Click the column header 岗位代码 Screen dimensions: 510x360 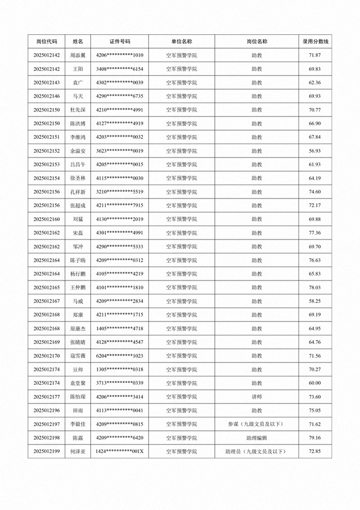pyautogui.click(x=47, y=42)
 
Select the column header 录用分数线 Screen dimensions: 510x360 pyautogui.click(x=315, y=42)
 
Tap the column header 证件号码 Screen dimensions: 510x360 pyautogui.click(x=120, y=42)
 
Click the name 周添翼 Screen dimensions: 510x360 pyautogui.click(x=78, y=55)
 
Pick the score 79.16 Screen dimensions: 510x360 pyautogui.click(x=315, y=438)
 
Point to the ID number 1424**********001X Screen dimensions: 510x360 pyautogui.click(x=120, y=452)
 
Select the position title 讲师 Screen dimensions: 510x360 pyautogui.click(x=256, y=397)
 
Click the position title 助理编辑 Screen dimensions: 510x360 pyautogui.click(x=256, y=438)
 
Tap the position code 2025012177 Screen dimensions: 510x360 pyautogui.click(x=47, y=397)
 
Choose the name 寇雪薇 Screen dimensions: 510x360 pyautogui.click(x=78, y=356)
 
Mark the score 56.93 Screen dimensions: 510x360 pyautogui.click(x=315, y=151)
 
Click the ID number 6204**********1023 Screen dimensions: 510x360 pyautogui.click(x=120, y=356)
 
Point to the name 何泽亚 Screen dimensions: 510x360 pyautogui.click(x=78, y=452)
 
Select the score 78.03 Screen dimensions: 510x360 pyautogui.click(x=315, y=288)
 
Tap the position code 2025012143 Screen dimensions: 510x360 pyautogui.click(x=47, y=83)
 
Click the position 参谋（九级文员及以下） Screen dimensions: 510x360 pyautogui.click(x=256, y=424)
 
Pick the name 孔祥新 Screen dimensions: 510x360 pyautogui.click(x=78, y=192)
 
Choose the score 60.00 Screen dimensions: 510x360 pyautogui.click(x=315, y=383)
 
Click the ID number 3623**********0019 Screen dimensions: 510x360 pyautogui.click(x=120, y=151)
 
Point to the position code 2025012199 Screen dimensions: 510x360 pyautogui.click(x=47, y=452)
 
